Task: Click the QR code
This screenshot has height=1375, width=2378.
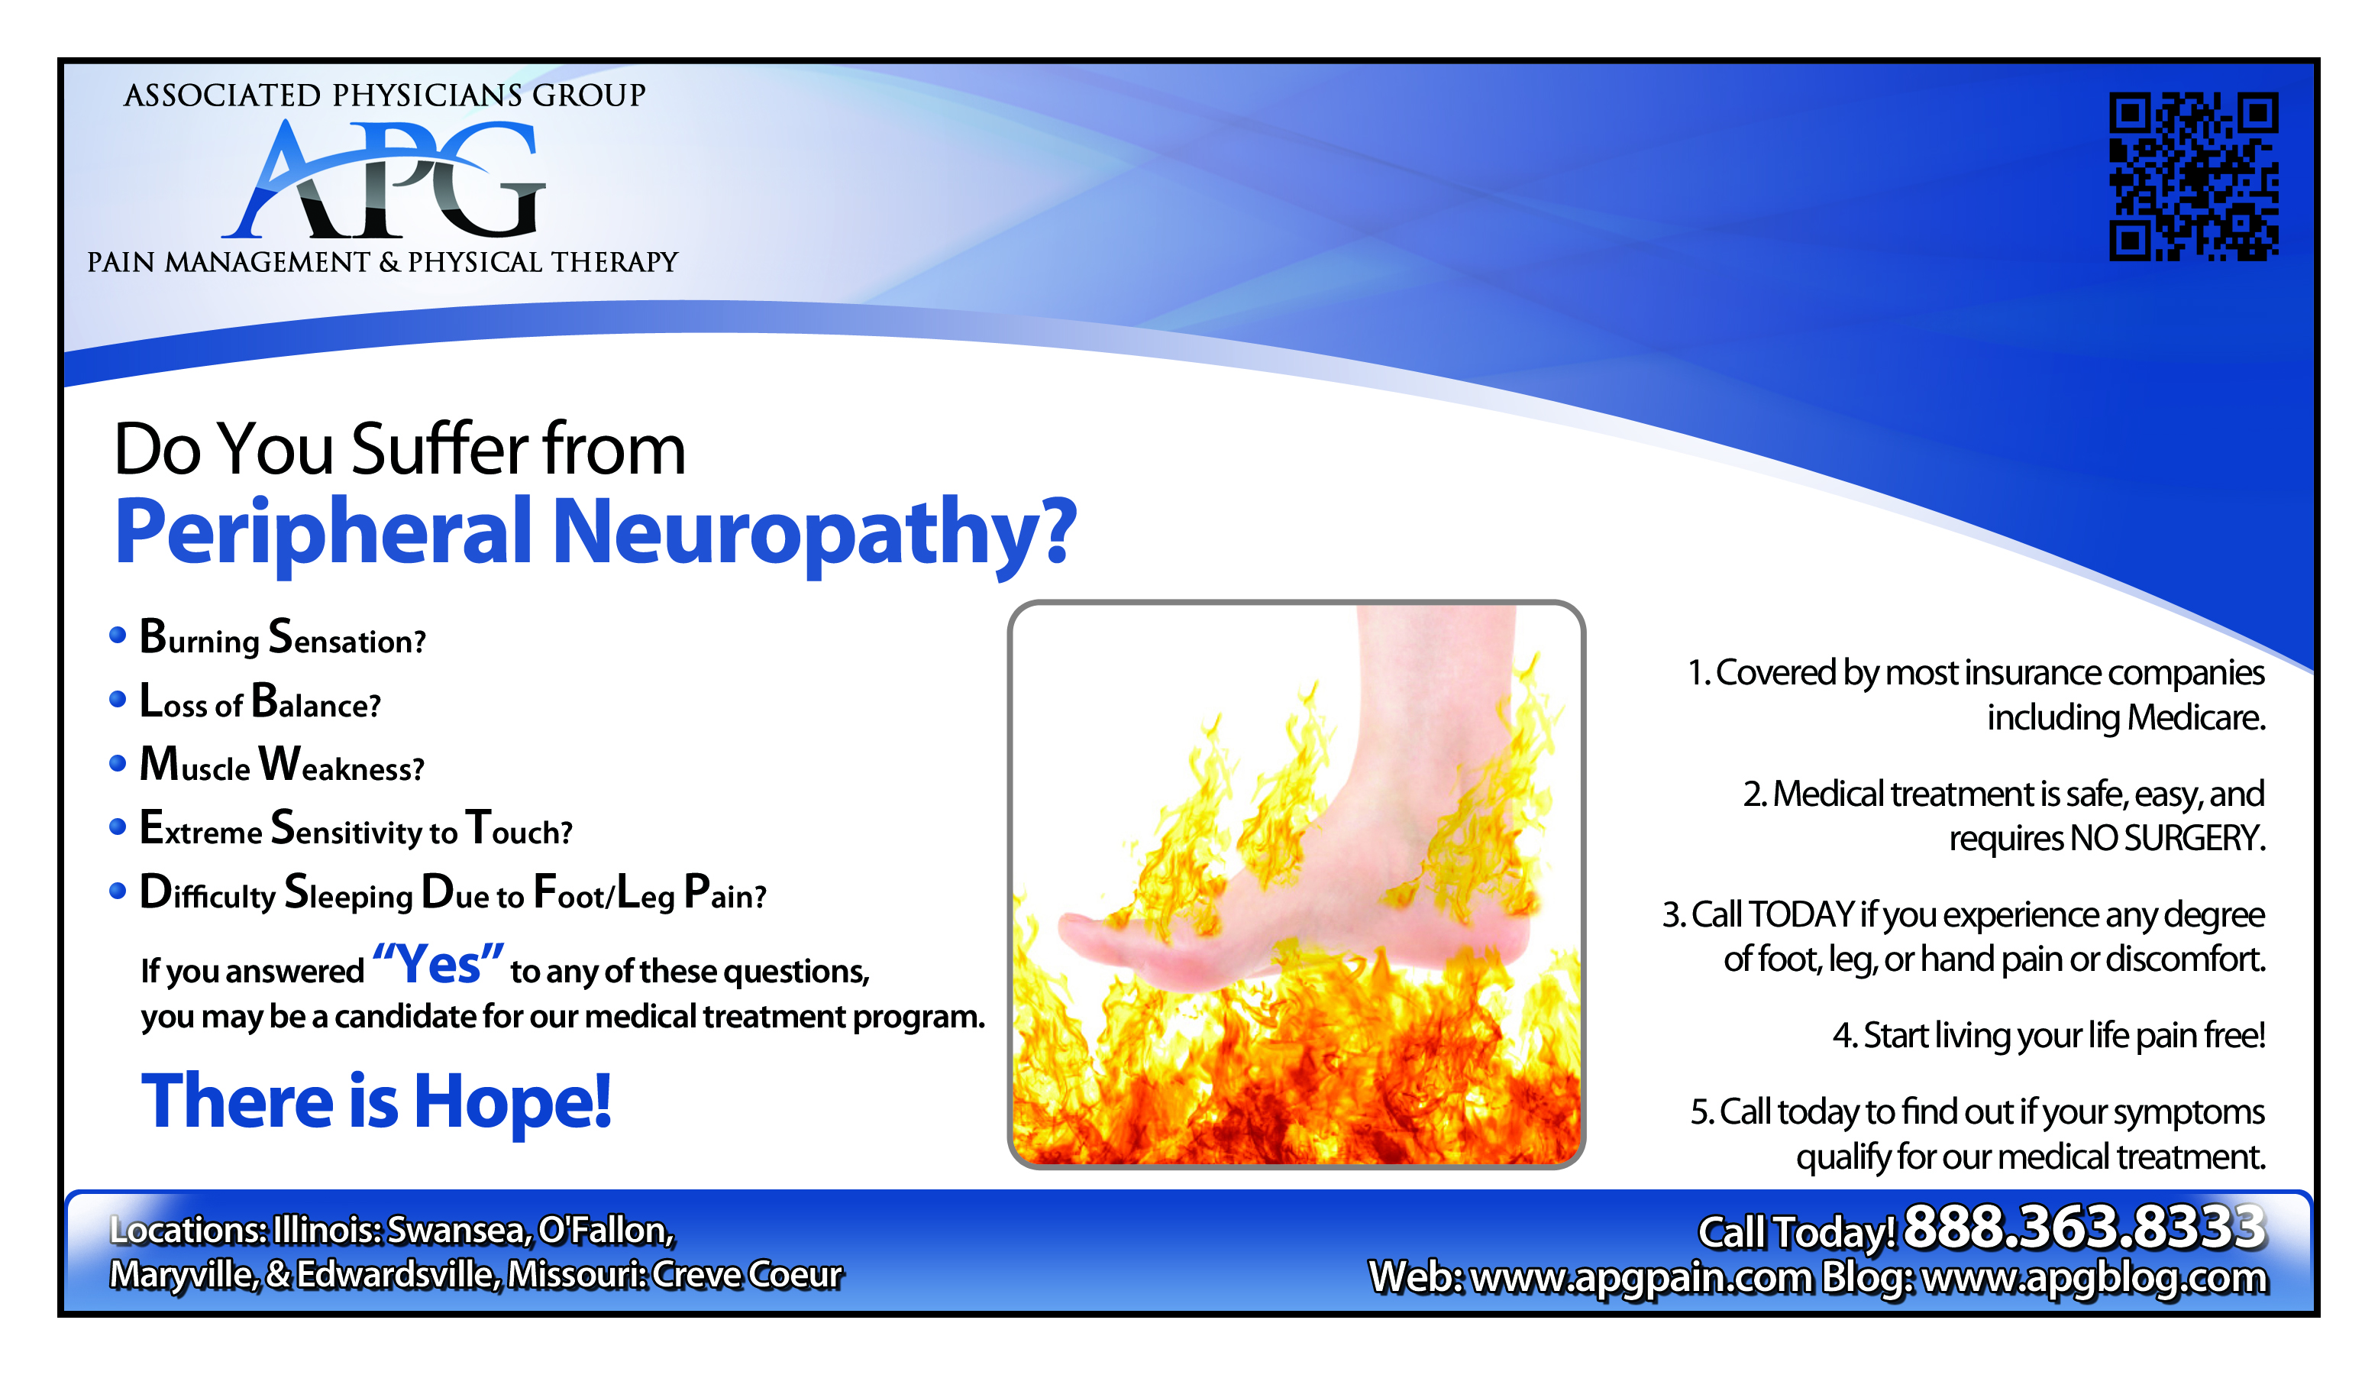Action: click(x=2194, y=176)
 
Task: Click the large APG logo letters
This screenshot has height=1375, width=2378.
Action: click(x=383, y=180)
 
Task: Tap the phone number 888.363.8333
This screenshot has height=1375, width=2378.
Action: click(x=2085, y=1227)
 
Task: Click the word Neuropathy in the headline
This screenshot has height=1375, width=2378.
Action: click(x=814, y=533)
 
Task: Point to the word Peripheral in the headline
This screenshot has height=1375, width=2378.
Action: click(x=324, y=533)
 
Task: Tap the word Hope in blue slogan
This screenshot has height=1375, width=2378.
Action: click(x=512, y=1102)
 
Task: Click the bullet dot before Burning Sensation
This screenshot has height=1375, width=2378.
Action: click(x=118, y=635)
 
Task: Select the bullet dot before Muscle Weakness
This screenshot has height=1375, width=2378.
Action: click(x=118, y=763)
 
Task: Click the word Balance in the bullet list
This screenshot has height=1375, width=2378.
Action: click(x=316, y=702)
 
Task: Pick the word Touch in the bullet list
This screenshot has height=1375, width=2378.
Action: click(x=519, y=829)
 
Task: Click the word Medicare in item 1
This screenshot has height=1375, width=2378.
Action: click(x=2196, y=718)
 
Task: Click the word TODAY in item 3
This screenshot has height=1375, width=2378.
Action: click(x=1801, y=914)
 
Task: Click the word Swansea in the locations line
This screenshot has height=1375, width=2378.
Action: click(x=460, y=1231)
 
